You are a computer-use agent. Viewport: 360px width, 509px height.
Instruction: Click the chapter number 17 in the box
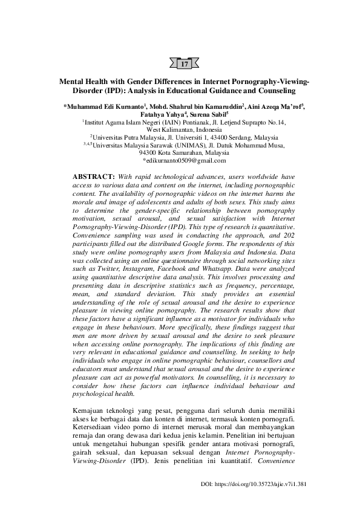(x=185, y=63)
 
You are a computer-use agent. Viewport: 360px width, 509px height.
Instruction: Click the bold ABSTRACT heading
(x=93, y=175)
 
